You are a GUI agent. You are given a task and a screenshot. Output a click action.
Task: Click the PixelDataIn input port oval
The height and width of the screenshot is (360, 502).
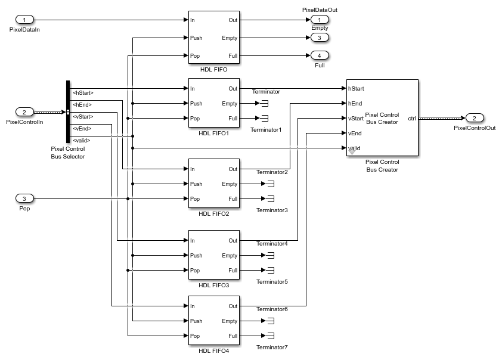(24, 20)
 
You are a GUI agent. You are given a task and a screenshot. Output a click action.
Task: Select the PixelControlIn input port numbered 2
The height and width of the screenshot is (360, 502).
(24, 112)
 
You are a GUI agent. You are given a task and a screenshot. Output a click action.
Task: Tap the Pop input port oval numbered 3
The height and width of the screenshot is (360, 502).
(24, 198)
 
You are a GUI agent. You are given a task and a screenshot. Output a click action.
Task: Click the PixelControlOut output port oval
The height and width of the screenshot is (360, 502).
(475, 118)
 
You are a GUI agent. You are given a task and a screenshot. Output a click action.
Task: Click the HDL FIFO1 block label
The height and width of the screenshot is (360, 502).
(214, 133)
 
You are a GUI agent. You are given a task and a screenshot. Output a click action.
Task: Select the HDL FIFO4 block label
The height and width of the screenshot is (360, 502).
(214, 350)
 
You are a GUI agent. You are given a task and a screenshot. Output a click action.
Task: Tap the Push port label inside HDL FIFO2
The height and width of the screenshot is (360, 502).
(196, 184)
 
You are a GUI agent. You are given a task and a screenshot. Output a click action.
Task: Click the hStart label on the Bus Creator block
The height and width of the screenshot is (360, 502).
(357, 89)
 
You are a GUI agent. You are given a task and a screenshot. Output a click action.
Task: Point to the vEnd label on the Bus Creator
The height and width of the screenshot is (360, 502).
(355, 134)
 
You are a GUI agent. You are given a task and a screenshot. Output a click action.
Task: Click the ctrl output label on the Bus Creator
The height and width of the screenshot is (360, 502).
(412, 118)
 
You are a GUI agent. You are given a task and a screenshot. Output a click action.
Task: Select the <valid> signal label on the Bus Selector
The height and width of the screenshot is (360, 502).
(82, 140)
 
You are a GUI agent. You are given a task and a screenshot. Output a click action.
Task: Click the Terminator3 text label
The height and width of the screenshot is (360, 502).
(272, 210)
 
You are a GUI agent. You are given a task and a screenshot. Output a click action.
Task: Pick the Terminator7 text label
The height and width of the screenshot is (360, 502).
(272, 347)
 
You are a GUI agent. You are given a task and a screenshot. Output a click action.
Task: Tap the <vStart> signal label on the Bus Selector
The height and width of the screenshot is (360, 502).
(83, 116)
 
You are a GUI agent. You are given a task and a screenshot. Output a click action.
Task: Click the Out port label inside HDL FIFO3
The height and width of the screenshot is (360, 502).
(233, 241)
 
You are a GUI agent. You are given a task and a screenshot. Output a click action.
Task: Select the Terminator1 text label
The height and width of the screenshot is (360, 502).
(266, 129)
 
